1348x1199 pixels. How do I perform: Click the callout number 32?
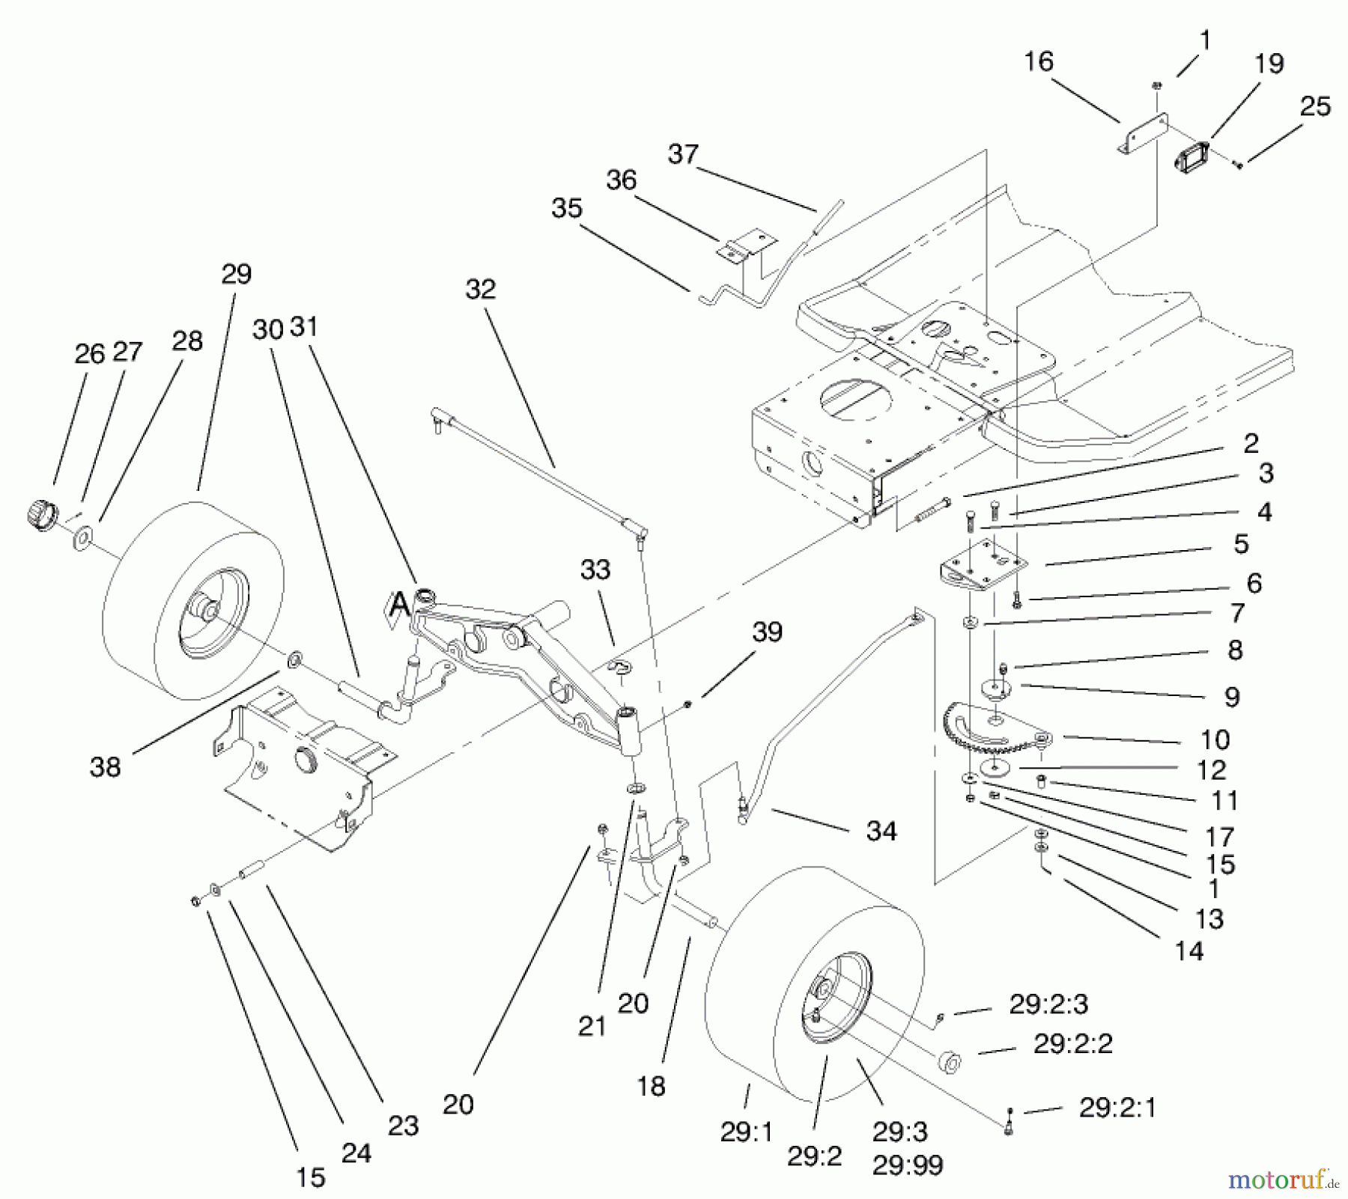(x=480, y=289)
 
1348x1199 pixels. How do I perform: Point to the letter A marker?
(x=401, y=603)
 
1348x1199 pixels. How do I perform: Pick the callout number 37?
(x=682, y=154)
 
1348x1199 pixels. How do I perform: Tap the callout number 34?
(x=881, y=831)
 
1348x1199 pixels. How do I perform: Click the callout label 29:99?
(x=907, y=1165)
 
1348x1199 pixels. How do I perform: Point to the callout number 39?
(x=767, y=632)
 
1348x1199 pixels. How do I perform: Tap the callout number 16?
(x=1038, y=61)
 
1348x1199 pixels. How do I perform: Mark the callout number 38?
(x=105, y=766)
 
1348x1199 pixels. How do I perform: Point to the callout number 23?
(x=403, y=1125)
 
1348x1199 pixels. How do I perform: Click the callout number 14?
(x=1188, y=951)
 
